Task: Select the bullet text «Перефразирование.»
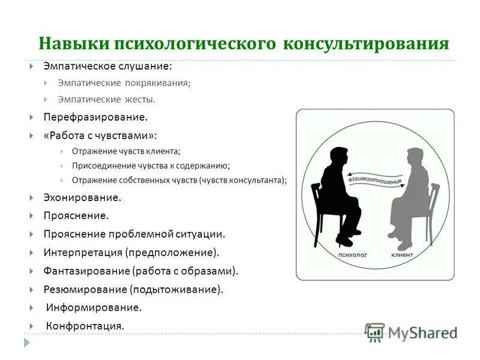[x=95, y=117]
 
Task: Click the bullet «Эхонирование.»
[x=82, y=197]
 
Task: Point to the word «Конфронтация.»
[x=85, y=326]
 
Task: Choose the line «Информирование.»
[x=94, y=307]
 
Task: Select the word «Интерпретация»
[x=82, y=252]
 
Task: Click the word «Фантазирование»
[x=86, y=271]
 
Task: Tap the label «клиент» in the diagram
[x=402, y=255]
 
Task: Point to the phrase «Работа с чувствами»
[x=98, y=136]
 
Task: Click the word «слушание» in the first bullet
[x=149, y=66]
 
